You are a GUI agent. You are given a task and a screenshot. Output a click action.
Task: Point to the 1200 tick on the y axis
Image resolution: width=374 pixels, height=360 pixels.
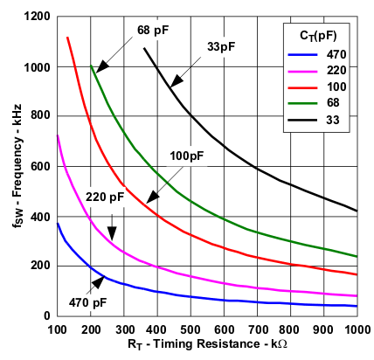36,17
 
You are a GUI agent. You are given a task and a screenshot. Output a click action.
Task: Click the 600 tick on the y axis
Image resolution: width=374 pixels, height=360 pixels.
39,166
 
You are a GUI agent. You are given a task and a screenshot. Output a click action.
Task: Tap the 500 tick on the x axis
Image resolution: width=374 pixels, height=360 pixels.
191,329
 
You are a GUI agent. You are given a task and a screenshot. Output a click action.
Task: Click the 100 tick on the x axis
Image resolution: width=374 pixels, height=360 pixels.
58,329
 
